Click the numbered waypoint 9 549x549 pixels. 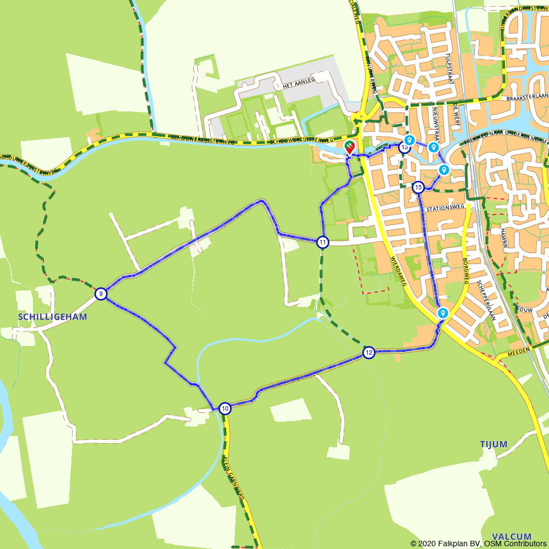pyautogui.click(x=101, y=294)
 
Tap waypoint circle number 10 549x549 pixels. pyautogui.click(x=225, y=408)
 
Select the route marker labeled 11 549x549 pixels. pyautogui.click(x=323, y=242)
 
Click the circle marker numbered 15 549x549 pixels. pyautogui.click(x=418, y=188)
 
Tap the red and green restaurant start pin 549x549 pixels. pyautogui.click(x=349, y=147)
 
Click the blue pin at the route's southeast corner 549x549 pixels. pyautogui.click(x=442, y=313)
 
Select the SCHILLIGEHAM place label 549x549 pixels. pyautogui.click(x=53, y=317)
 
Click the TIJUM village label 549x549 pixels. pyautogui.click(x=494, y=444)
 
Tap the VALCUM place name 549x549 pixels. pyautogui.click(x=512, y=536)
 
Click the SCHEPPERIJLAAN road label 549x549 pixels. pyautogui.click(x=486, y=300)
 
